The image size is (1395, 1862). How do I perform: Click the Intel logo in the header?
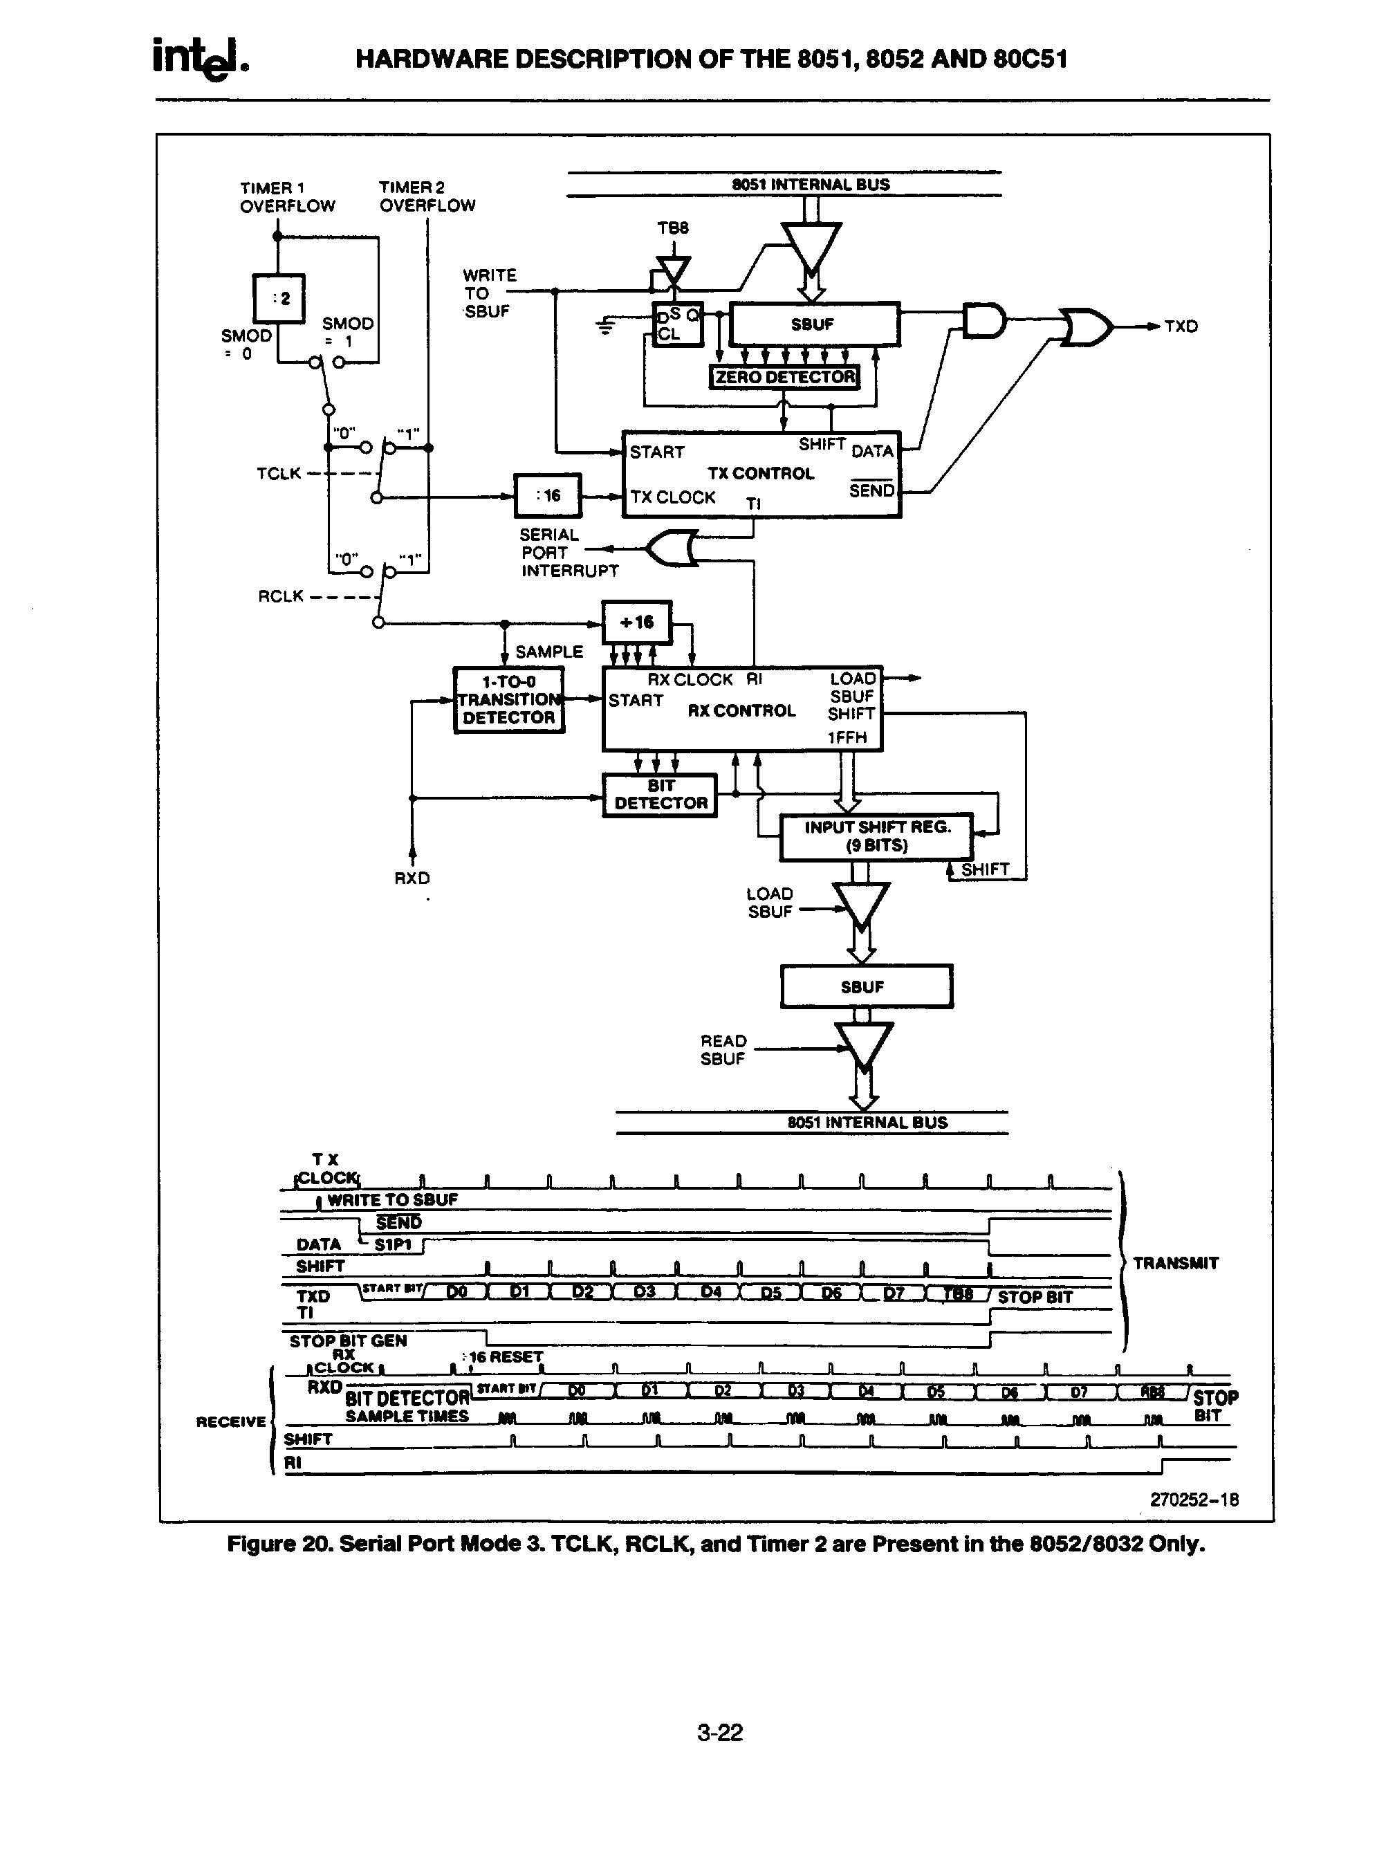point(201,59)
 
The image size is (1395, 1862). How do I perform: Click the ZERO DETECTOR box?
point(784,377)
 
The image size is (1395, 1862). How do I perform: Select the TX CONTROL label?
point(760,474)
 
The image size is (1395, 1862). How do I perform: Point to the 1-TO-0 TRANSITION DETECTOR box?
point(508,699)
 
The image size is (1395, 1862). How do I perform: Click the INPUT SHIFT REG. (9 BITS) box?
point(876,837)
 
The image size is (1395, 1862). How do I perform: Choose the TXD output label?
point(1181,326)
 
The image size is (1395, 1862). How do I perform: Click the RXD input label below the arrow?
point(412,878)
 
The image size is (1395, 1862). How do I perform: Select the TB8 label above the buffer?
point(673,228)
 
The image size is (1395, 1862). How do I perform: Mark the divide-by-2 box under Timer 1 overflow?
point(279,298)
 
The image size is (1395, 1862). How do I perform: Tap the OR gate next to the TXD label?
point(1087,326)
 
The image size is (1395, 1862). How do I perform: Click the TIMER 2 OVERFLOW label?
point(427,196)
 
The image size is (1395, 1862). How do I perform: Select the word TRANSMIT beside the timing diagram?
point(1175,1262)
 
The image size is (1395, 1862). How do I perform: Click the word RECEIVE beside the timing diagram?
point(231,1422)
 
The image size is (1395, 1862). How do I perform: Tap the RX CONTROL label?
point(741,710)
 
